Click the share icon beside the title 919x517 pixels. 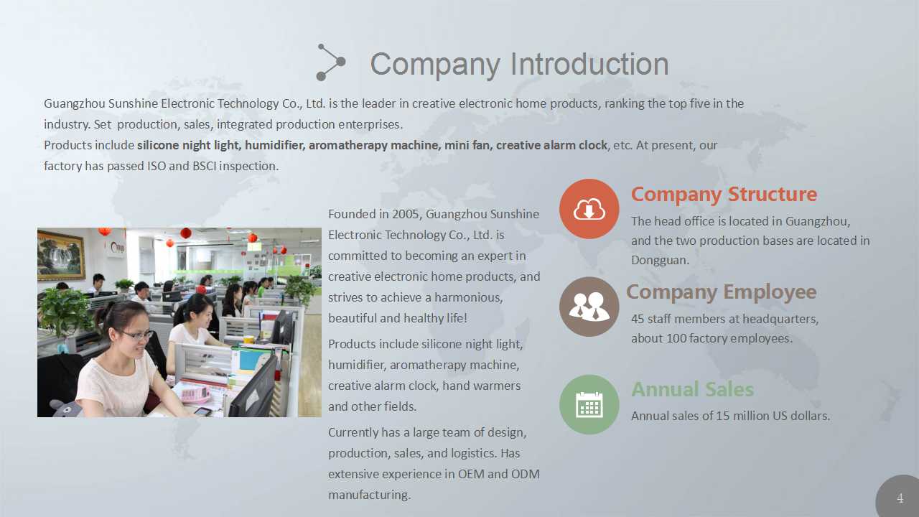(331, 62)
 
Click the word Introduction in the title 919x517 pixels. (589, 64)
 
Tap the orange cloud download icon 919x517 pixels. (589, 209)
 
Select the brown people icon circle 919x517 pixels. (589, 307)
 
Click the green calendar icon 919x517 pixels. (589, 404)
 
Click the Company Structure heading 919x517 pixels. (724, 195)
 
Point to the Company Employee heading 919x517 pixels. (722, 292)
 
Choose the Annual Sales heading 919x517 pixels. (693, 389)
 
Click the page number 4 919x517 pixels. (900, 498)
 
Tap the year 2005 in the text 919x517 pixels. (406, 214)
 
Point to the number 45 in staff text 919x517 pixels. (638, 319)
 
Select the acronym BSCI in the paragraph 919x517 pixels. (204, 166)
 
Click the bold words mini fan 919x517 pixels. (468, 145)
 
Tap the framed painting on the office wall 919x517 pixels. (61, 255)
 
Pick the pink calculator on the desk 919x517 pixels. (195, 394)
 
